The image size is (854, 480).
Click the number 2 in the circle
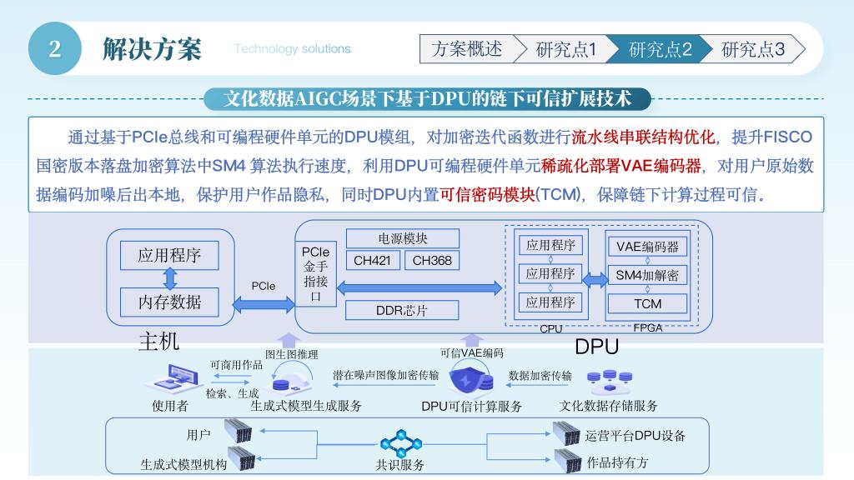click(x=54, y=48)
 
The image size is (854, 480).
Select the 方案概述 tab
click(x=467, y=49)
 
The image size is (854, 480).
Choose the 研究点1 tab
click(x=566, y=49)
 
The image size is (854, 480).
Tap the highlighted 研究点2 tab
click(x=660, y=49)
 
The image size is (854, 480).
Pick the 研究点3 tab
click(x=752, y=49)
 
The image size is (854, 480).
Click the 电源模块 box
click(x=403, y=238)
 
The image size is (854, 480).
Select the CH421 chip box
click(x=372, y=260)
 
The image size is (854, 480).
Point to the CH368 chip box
click(x=432, y=260)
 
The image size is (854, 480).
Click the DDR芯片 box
click(x=402, y=310)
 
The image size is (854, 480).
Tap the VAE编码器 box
click(x=647, y=247)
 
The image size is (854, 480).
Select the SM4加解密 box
click(x=647, y=275)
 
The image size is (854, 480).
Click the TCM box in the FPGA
click(x=647, y=304)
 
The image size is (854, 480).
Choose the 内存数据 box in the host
click(x=169, y=302)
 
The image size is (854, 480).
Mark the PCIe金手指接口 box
click(x=315, y=273)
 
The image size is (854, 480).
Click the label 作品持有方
click(x=617, y=462)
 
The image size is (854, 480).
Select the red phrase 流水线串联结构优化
click(x=643, y=137)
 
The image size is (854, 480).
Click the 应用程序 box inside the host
click(x=169, y=255)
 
